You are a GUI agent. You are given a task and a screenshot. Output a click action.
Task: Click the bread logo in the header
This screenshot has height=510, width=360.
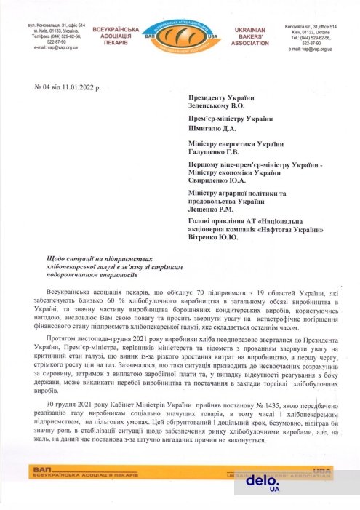pos(180,34)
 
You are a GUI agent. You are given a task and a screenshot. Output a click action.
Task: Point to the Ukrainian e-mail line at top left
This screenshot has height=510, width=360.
pos(50,49)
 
